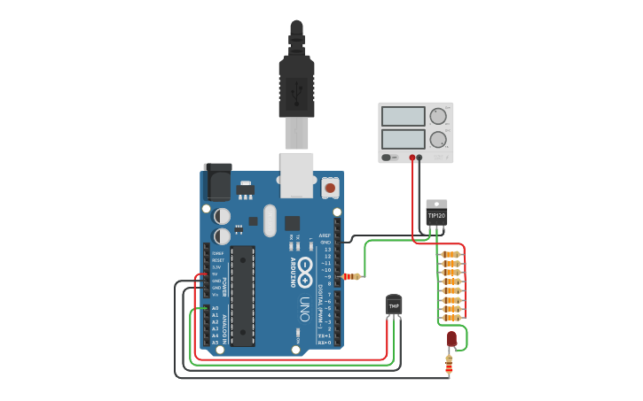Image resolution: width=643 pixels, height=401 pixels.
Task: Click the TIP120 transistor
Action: (436, 213)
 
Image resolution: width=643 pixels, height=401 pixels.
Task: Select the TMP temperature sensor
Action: (394, 305)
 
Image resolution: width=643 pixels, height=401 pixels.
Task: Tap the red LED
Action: (451, 338)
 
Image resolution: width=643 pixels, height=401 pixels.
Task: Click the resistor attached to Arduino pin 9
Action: (352, 276)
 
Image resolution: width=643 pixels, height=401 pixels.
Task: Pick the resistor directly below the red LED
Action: (449, 363)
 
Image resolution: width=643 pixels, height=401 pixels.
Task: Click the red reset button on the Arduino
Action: (330, 187)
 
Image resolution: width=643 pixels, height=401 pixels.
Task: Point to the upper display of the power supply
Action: (404, 116)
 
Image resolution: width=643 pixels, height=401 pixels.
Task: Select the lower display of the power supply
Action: (404, 139)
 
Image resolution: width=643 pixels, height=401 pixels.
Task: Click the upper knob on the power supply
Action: (438, 116)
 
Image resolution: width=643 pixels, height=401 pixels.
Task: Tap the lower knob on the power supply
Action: (438, 139)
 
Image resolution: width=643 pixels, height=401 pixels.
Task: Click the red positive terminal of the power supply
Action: (412, 158)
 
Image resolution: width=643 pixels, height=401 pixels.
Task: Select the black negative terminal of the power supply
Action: (420, 158)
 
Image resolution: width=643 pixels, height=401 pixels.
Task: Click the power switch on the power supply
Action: (387, 158)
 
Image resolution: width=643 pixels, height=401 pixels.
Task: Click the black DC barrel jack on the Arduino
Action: (217, 182)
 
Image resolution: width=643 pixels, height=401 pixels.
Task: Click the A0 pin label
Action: (215, 308)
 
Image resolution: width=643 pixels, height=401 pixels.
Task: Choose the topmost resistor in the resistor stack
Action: (451, 254)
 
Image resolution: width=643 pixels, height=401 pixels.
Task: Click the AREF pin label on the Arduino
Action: (325, 235)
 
